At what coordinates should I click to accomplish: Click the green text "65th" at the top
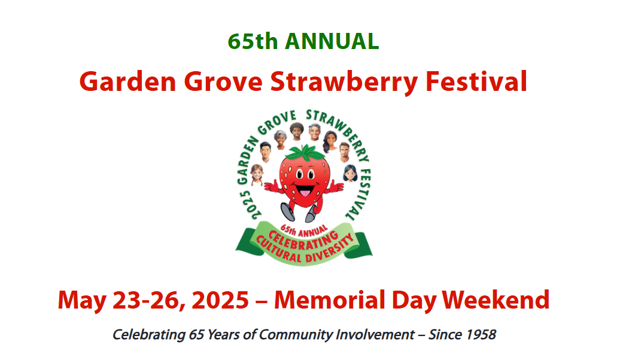point(253,41)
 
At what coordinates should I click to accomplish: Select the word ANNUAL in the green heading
point(332,41)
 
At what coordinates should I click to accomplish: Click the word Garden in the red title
point(127,81)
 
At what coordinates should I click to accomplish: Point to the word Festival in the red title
point(476,81)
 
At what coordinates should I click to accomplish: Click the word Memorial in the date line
point(330,300)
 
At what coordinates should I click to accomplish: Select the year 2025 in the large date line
point(220,300)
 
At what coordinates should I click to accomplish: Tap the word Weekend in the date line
point(496,300)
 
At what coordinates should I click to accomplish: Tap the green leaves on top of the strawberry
point(306,153)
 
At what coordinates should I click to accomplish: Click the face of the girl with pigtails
point(257,175)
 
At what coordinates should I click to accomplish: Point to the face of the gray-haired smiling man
point(315,132)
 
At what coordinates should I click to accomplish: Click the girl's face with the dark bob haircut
point(350,173)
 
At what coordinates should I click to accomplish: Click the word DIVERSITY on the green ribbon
point(330,251)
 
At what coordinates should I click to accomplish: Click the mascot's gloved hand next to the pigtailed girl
point(273,186)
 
